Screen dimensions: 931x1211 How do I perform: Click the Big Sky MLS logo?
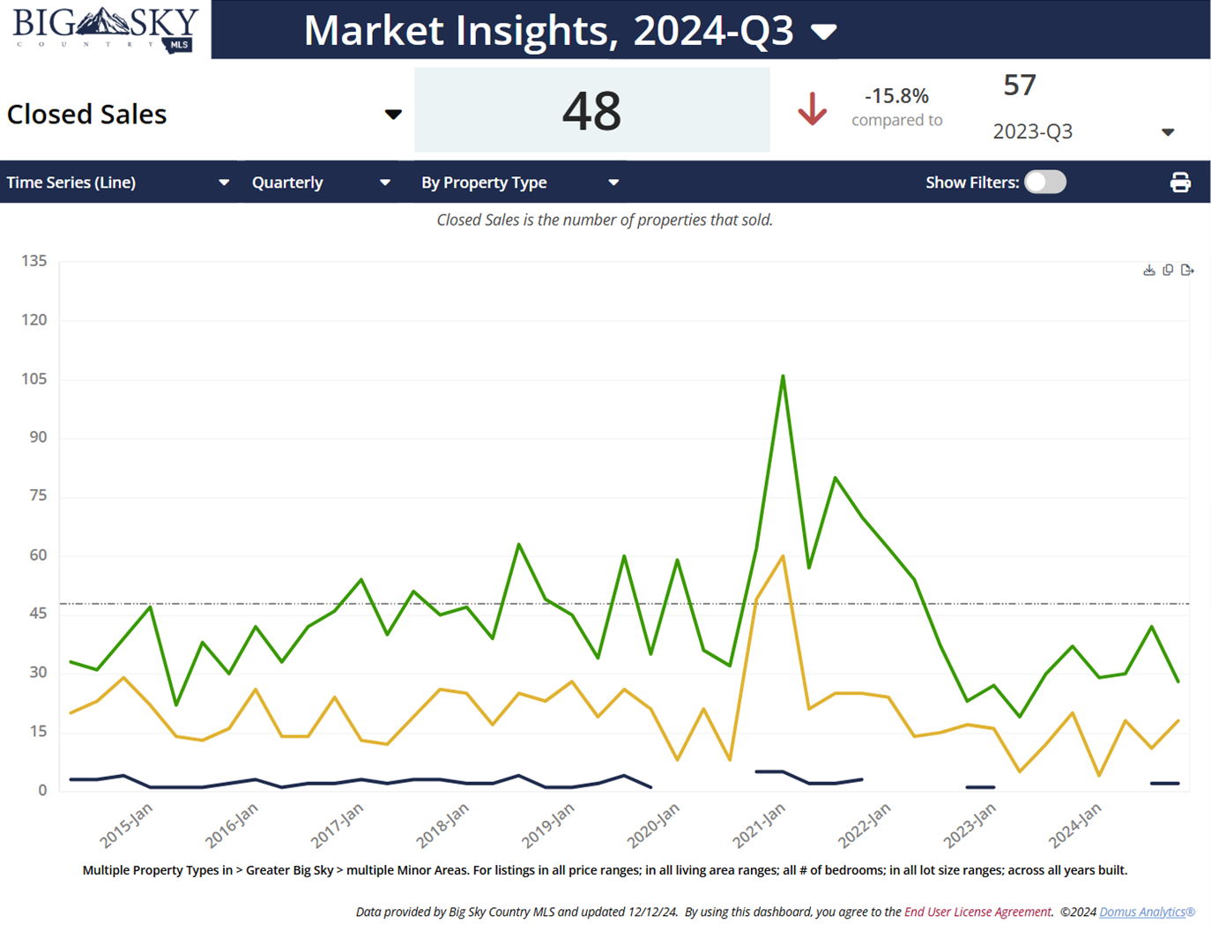(x=106, y=29)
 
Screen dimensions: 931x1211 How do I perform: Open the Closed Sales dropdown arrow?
(x=393, y=115)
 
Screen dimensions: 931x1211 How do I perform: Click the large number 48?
(x=591, y=111)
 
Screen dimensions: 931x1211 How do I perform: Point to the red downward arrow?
(x=812, y=109)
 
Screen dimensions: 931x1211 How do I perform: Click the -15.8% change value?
(x=896, y=95)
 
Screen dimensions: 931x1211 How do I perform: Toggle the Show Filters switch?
(x=1045, y=182)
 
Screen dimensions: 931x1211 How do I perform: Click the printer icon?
(x=1180, y=182)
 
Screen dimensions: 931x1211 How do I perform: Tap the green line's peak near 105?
(x=783, y=376)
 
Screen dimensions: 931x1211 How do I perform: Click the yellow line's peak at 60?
(x=783, y=555)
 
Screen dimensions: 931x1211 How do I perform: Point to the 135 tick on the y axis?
(x=34, y=261)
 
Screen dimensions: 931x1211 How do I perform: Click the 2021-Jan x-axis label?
(x=759, y=826)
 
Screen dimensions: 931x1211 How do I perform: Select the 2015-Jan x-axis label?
(x=126, y=826)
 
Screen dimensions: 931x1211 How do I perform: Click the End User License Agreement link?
(x=977, y=912)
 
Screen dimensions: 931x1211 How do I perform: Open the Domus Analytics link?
(x=1146, y=912)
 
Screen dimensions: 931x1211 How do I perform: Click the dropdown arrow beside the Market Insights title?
(x=823, y=33)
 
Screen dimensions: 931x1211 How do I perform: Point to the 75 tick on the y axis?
(x=38, y=495)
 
